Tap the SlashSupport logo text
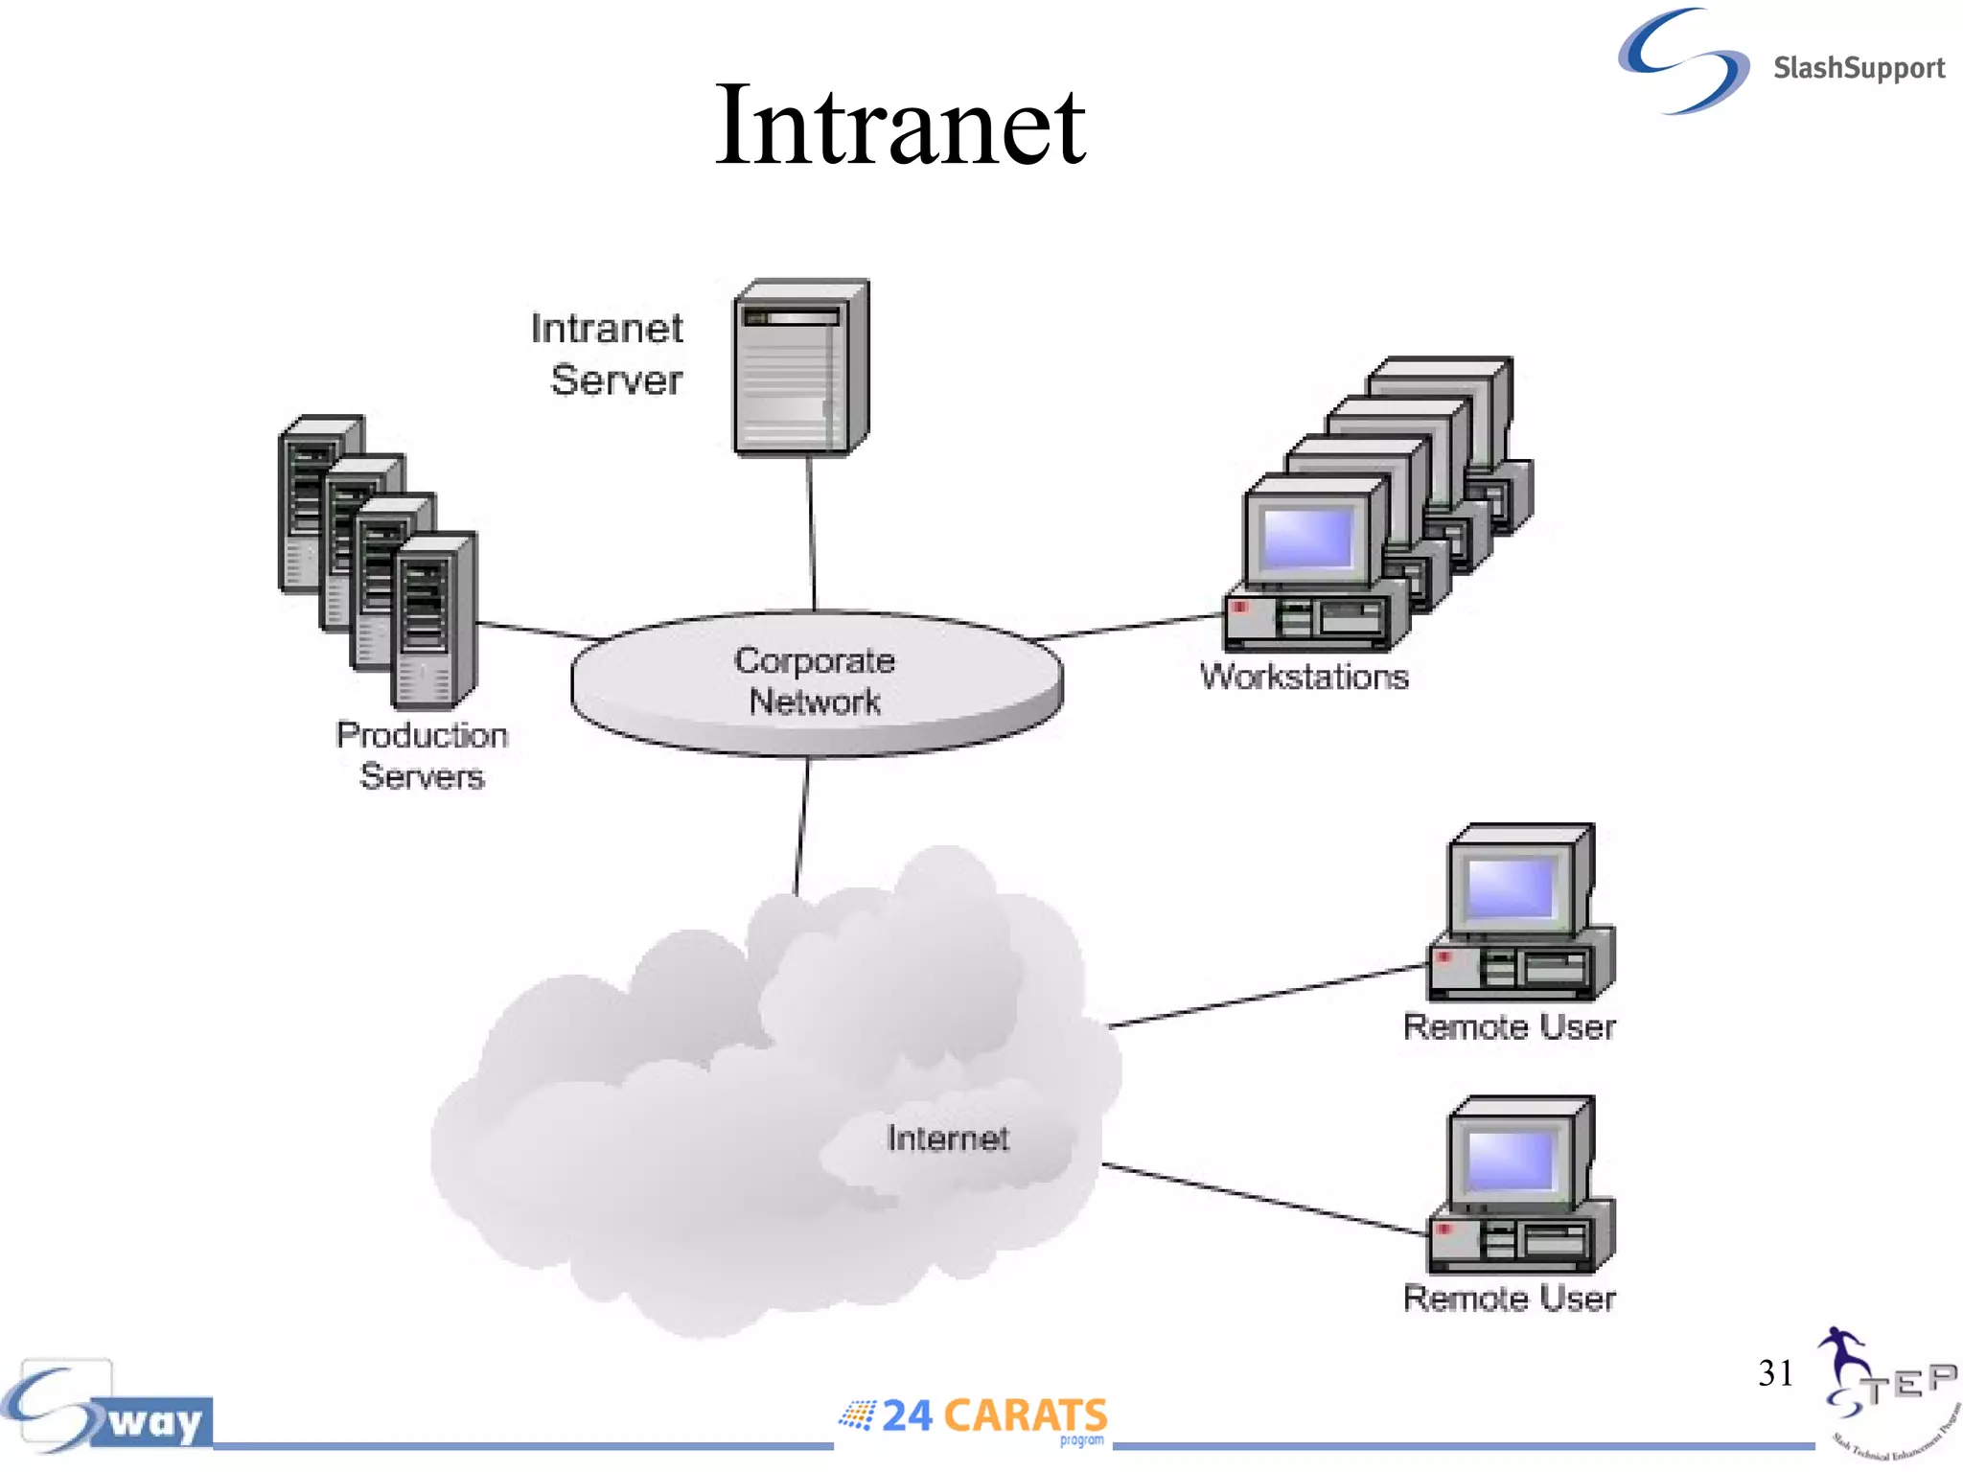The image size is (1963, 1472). point(1858,68)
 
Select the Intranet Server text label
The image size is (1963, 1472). point(609,354)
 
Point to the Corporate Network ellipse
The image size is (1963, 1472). point(816,681)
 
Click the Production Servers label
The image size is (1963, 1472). point(422,755)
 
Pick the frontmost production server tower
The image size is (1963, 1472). point(433,621)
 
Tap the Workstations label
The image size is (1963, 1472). point(1304,677)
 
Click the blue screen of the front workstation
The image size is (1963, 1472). point(1307,538)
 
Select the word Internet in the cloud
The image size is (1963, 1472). point(947,1138)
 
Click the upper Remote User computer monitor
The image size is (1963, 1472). point(1511,886)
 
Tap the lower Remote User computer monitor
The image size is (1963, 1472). point(1511,1159)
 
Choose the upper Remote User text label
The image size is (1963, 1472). point(1509,1027)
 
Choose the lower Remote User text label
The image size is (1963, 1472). point(1509,1299)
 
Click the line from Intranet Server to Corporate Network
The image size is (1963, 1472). point(812,532)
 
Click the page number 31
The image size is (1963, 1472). point(1775,1372)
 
